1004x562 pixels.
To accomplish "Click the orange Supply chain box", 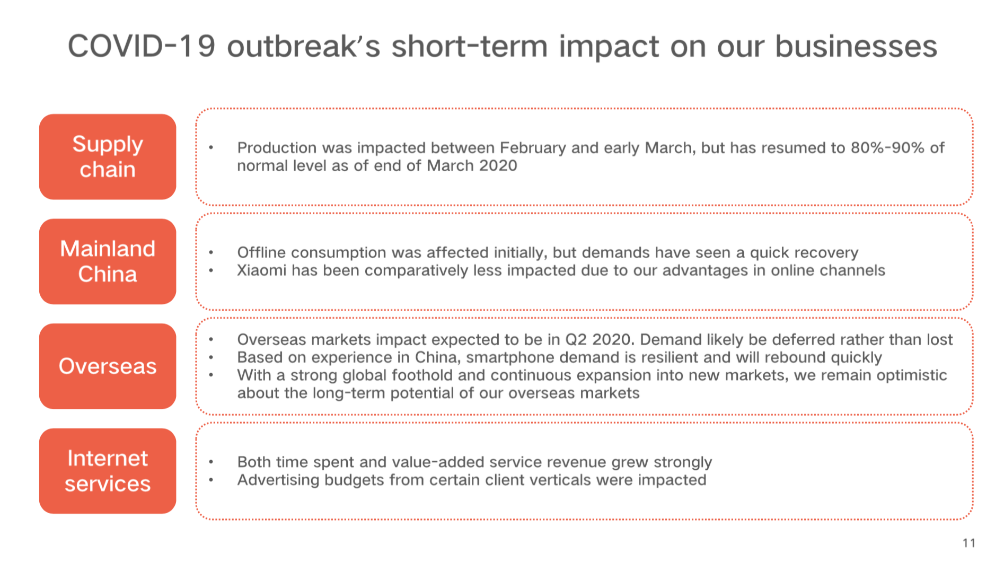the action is click(x=108, y=157).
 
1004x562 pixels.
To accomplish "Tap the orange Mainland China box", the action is click(x=108, y=261).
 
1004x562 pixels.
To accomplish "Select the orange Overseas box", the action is click(x=108, y=366).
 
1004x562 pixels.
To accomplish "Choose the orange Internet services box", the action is click(x=108, y=471).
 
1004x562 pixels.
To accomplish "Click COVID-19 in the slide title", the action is click(x=142, y=46).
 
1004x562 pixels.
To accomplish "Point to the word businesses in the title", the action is click(x=856, y=46).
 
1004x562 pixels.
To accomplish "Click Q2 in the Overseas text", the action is click(x=576, y=340).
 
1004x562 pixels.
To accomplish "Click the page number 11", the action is click(x=969, y=543).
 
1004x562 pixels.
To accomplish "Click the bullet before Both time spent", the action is click(x=211, y=462).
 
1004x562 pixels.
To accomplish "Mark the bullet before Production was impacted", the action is click(x=211, y=148).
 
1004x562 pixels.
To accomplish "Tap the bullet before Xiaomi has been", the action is click(x=211, y=270).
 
